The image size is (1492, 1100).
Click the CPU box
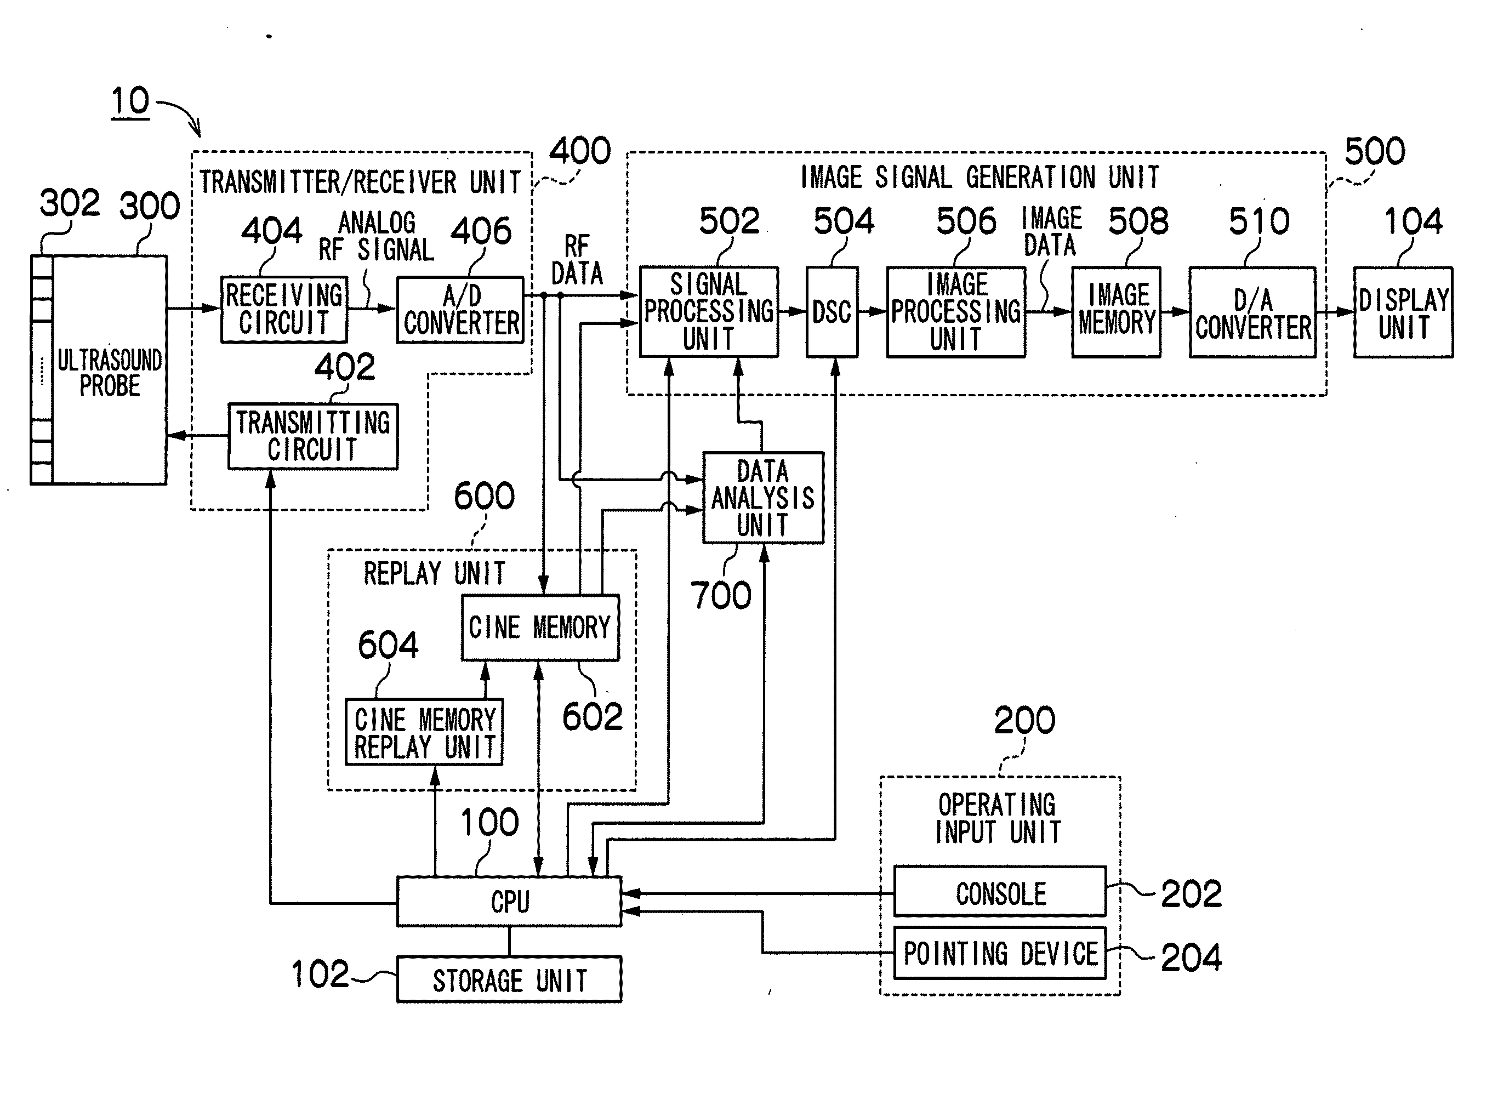509,901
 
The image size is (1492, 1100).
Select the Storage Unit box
509,979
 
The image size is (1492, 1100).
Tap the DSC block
832,312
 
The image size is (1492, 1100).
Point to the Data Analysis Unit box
763,498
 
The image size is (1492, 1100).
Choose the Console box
999,891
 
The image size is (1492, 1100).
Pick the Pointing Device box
999,953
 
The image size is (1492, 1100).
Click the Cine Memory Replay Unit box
424,732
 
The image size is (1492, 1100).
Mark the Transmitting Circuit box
313,436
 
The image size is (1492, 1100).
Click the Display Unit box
1403,312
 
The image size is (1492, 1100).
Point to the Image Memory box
1117,312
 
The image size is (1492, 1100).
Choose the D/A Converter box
1253,312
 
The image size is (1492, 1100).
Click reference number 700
721,595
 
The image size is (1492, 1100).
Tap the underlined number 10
130,102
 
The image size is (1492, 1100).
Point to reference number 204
1192,957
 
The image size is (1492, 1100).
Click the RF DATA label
577,260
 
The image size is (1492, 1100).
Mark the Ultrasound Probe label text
110,373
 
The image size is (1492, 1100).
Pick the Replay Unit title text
434,573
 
